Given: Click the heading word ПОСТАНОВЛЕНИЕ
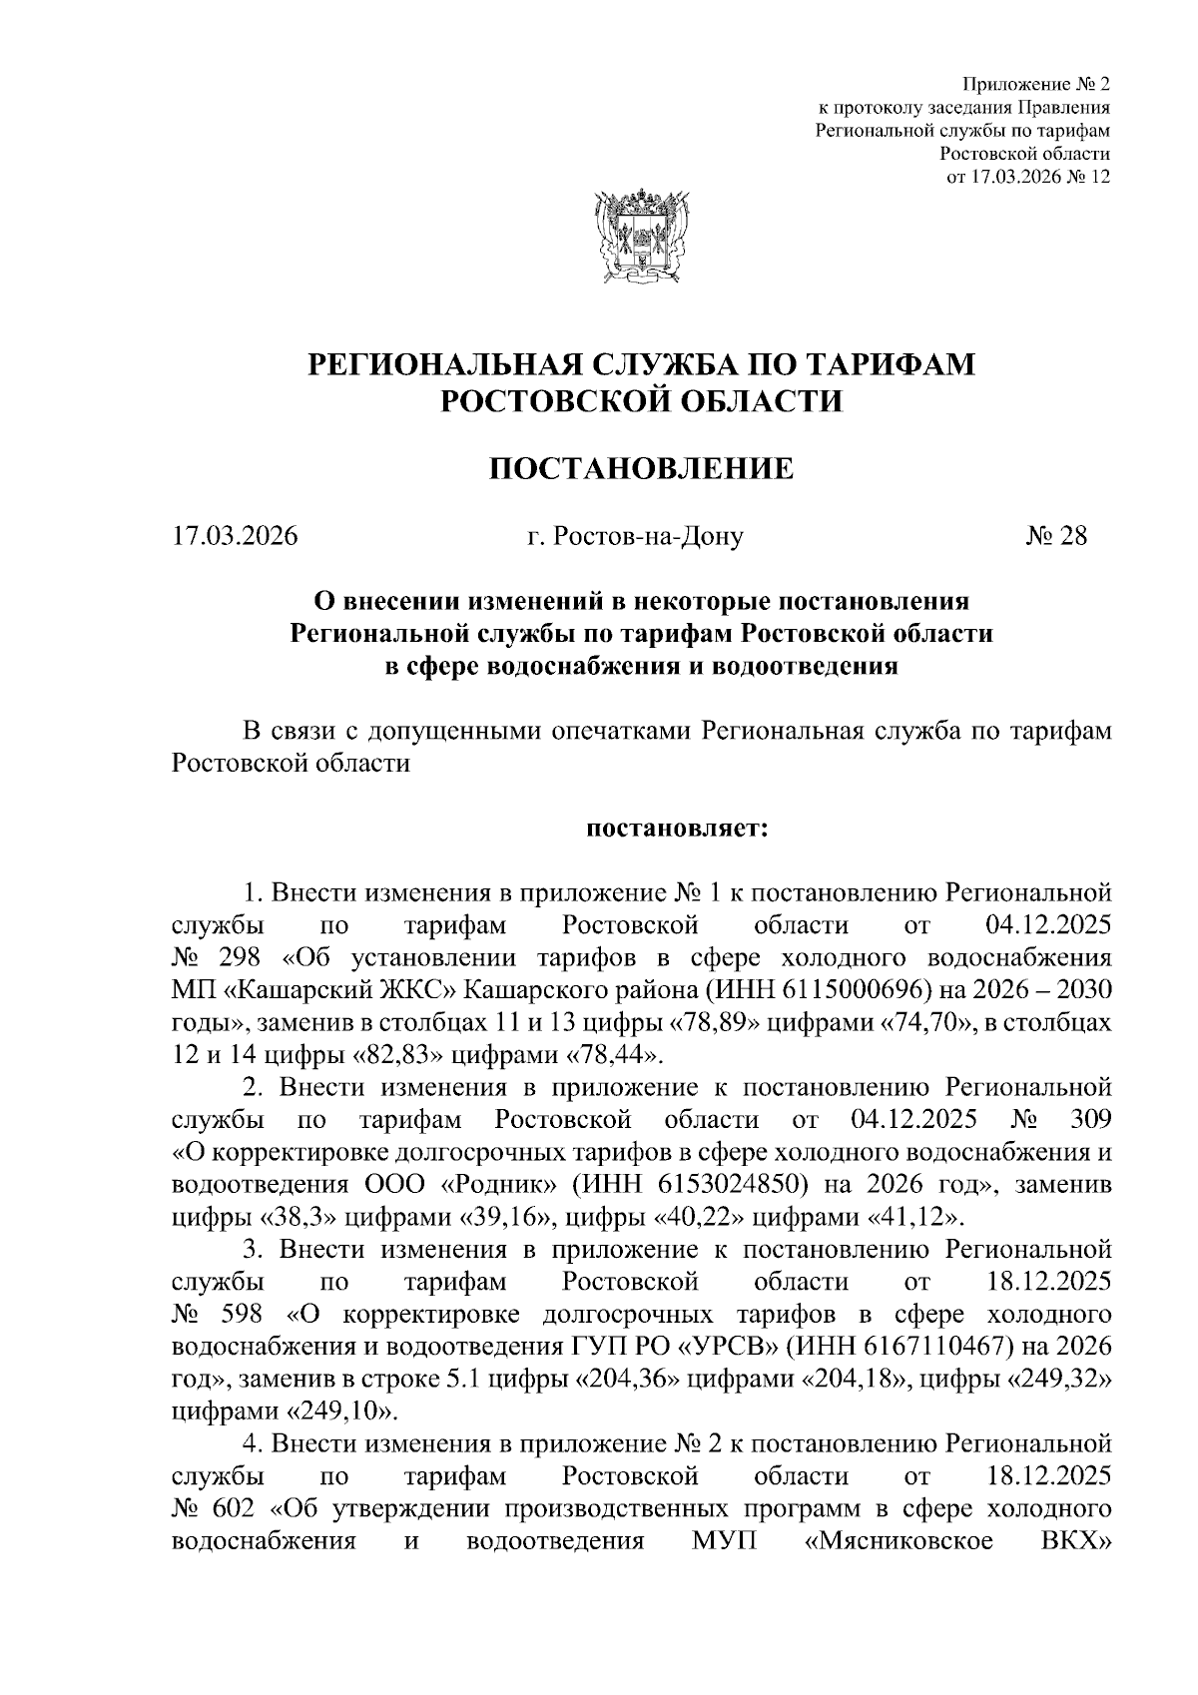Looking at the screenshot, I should click(x=640, y=467).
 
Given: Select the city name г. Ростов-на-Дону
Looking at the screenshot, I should click(x=636, y=536).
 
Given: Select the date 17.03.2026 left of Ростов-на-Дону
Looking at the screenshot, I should click(x=236, y=536).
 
